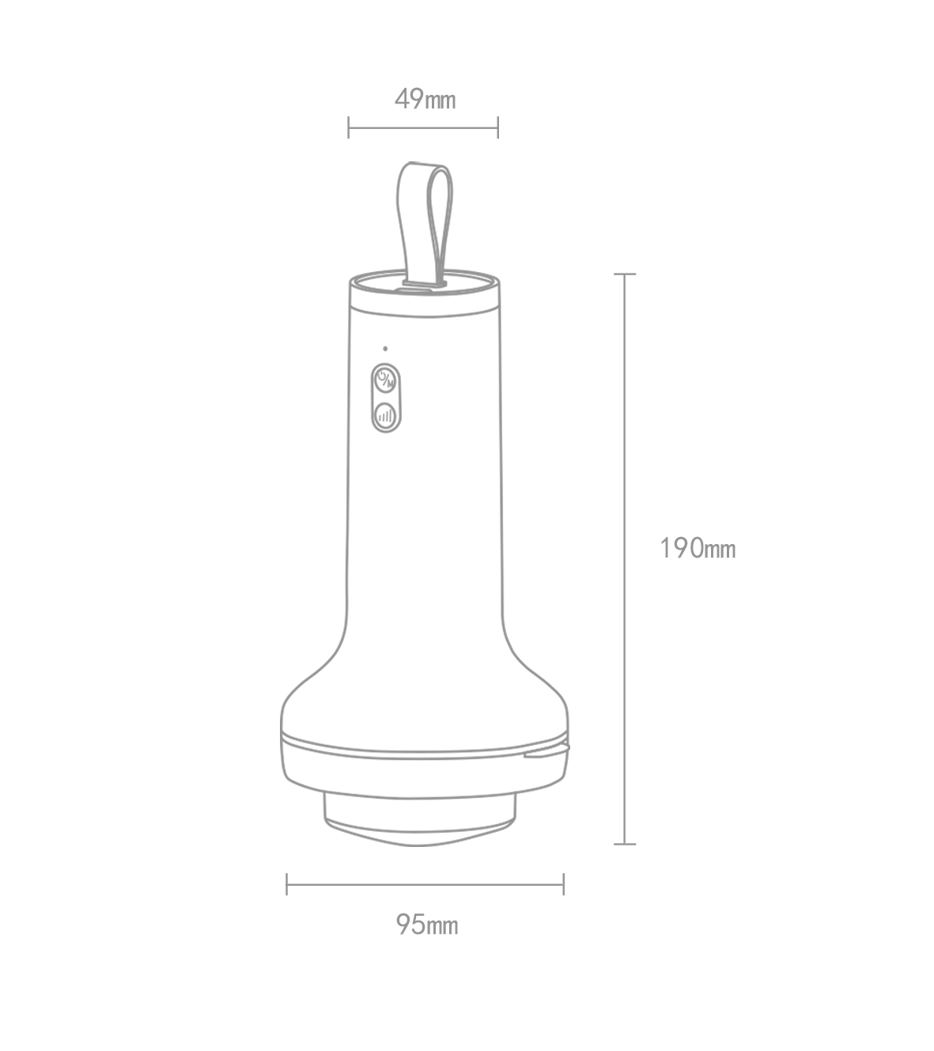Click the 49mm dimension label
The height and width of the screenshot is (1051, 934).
tap(425, 100)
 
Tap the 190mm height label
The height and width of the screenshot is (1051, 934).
tap(697, 548)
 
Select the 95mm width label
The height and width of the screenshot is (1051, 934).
tap(427, 924)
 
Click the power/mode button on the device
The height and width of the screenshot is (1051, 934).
tap(385, 380)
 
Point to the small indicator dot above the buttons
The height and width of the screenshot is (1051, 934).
tap(385, 348)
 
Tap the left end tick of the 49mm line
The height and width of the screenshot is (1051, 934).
tap(349, 127)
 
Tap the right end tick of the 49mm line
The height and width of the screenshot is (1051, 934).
tap(497, 127)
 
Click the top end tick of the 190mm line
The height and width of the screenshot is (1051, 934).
tap(625, 274)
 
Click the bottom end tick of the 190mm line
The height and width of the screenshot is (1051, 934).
tap(625, 844)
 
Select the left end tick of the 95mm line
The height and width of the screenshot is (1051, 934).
tap(287, 884)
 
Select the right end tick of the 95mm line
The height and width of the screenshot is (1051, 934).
tap(563, 884)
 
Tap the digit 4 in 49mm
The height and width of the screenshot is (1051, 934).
tap(402, 100)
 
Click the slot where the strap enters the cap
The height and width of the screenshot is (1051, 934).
tap(425, 282)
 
